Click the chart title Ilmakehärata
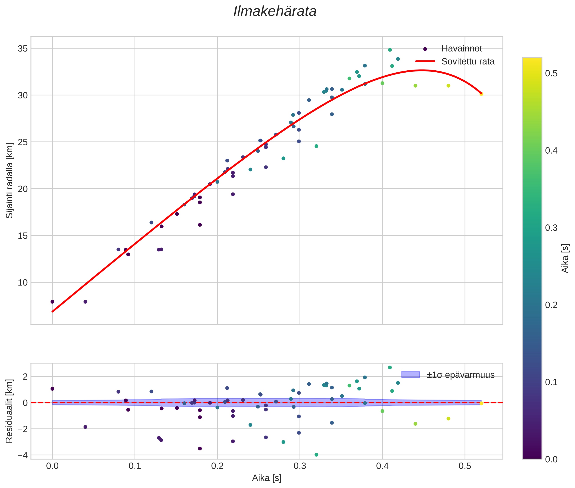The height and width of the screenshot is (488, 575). (275, 12)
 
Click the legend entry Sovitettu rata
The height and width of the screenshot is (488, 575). (468, 61)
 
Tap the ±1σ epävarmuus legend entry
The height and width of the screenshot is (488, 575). (460, 375)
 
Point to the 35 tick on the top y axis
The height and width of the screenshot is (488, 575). (23, 49)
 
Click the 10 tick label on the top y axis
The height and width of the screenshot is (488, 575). (23, 282)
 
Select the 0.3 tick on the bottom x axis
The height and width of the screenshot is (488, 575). (300, 466)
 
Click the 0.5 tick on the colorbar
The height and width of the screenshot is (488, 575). (551, 73)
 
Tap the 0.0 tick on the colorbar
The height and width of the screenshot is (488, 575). (551, 459)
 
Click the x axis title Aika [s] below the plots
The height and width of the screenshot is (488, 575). (267, 478)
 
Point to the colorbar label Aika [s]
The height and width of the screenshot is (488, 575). (565, 258)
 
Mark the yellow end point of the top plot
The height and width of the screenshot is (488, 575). (481, 94)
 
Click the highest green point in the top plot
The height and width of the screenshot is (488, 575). (390, 50)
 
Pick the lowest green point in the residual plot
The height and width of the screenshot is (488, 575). (316, 455)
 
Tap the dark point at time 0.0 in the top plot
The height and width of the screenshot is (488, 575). (52, 302)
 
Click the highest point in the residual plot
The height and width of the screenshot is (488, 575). (390, 367)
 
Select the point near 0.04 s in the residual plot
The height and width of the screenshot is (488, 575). (85, 427)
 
